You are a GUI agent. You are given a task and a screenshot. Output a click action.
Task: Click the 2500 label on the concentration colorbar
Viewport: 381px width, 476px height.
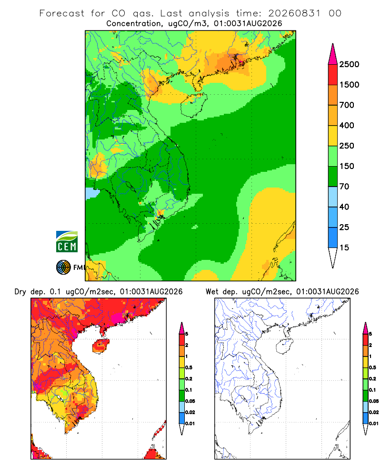pyautogui.click(x=349, y=64)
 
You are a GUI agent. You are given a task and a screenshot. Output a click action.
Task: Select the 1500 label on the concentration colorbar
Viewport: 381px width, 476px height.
pyautogui.click(x=349, y=85)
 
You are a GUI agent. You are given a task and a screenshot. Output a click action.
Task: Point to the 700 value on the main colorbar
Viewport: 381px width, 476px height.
pyautogui.click(x=347, y=105)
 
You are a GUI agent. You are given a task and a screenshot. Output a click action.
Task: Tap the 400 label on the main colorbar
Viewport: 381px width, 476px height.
pyautogui.click(x=347, y=125)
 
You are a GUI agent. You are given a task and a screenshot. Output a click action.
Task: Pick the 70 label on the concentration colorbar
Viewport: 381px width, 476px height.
pyautogui.click(x=344, y=187)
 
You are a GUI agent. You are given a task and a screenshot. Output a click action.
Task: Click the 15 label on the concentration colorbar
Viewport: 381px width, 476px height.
pyautogui.click(x=344, y=248)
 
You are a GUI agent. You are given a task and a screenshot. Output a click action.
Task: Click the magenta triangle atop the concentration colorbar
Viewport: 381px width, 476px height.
pyautogui.click(x=333, y=54)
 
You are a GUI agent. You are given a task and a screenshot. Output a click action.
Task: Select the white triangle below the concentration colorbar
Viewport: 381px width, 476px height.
pyautogui.click(x=333, y=258)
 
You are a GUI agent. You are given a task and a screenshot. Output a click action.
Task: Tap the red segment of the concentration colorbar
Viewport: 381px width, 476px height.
pyautogui.click(x=333, y=75)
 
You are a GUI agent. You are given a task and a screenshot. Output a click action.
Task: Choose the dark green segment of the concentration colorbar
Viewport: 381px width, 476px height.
pyautogui.click(x=333, y=177)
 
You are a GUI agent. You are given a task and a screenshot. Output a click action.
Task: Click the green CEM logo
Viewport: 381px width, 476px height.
pyautogui.click(x=67, y=242)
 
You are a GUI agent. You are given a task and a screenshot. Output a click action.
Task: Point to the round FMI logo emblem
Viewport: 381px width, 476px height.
pyautogui.click(x=63, y=268)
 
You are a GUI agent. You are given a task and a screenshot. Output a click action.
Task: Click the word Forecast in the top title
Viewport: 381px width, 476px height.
pyautogui.click(x=62, y=13)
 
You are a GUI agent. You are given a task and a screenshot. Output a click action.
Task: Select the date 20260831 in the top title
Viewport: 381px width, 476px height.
pyautogui.click(x=294, y=13)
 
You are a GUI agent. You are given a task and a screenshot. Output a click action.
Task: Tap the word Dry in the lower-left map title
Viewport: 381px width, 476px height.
pyautogui.click(x=20, y=292)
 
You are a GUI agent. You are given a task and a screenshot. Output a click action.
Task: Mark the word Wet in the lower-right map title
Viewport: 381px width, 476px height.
pyautogui.click(x=212, y=292)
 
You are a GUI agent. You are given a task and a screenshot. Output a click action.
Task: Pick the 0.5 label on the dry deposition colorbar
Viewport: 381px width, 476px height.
pyautogui.click(x=189, y=367)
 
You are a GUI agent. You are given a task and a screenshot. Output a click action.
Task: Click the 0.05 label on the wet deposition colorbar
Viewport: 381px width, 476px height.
pyautogui.click(x=374, y=401)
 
